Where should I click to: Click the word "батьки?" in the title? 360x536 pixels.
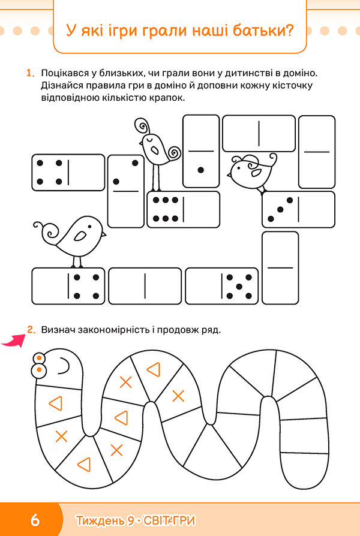coord(263,31)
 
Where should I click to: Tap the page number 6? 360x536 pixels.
coord(35,520)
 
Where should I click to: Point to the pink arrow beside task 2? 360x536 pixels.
coord(13,341)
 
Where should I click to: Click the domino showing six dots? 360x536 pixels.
coord(184,209)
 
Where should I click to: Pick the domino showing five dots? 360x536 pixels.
coord(222,286)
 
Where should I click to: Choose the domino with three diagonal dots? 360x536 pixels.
coord(298,209)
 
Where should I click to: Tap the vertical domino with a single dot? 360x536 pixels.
coord(201,151)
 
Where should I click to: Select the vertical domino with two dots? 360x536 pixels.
coord(126,191)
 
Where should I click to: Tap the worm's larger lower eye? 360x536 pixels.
coord(40,370)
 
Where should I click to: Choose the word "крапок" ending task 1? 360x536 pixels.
coord(167,98)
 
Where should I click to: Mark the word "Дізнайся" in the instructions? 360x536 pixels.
coord(62,86)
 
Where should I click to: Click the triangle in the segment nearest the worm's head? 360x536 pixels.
coord(56,403)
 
